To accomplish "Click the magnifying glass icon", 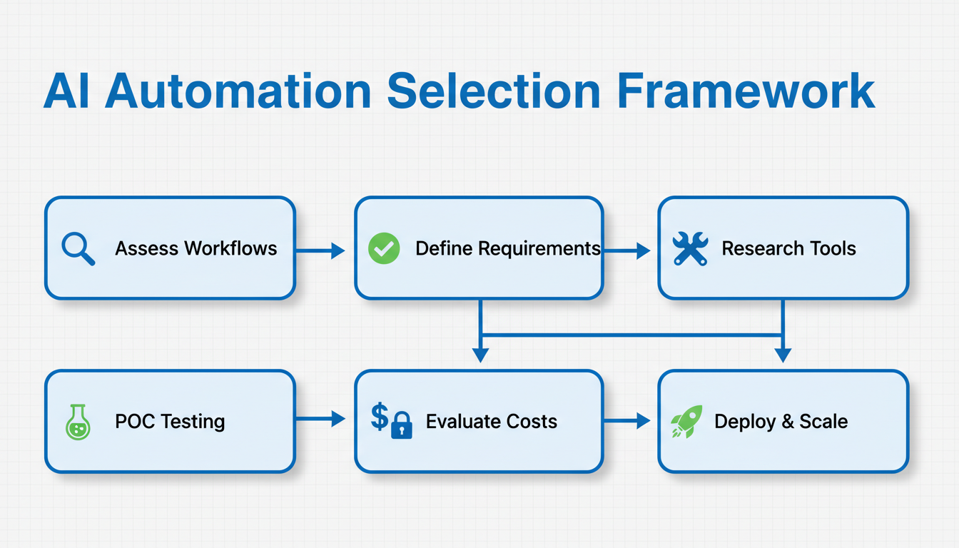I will point(78,249).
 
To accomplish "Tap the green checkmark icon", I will point(384,249).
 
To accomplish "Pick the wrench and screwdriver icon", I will point(690,249).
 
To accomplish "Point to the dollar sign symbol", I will point(380,417).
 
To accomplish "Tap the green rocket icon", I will point(686,422).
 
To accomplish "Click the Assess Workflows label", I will point(196,249).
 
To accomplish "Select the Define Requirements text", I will point(508,249).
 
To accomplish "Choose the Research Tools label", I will point(788,249).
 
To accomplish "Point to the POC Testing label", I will point(170,422).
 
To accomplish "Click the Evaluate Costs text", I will point(492,422).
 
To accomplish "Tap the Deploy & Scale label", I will point(781,422).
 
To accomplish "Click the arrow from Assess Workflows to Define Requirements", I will point(320,250).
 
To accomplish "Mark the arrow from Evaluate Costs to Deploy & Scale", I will point(627,422).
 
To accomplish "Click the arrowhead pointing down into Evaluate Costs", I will point(480,355).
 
